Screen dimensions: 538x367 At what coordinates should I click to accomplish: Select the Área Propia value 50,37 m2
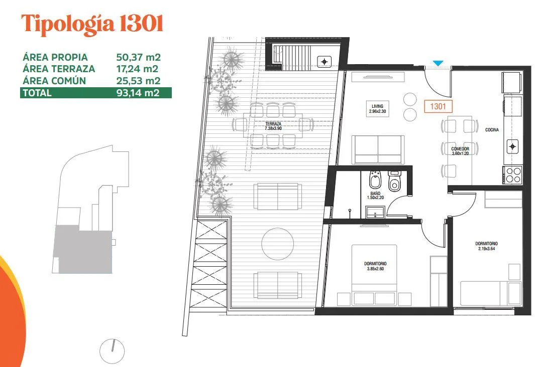pyautogui.click(x=138, y=57)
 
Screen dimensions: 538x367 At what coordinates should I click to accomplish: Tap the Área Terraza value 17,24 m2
pyautogui.click(x=137, y=69)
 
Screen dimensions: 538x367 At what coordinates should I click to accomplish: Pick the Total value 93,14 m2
pyautogui.click(x=138, y=93)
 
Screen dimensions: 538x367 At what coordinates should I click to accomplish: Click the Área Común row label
pyautogui.click(x=54, y=81)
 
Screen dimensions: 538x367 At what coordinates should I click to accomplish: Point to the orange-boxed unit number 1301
pyautogui.click(x=438, y=106)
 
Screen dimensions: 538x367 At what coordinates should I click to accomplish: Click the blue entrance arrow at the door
pyautogui.click(x=438, y=63)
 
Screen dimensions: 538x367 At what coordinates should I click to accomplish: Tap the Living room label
pyautogui.click(x=377, y=106)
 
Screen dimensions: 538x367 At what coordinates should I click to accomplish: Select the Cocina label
pyautogui.click(x=492, y=130)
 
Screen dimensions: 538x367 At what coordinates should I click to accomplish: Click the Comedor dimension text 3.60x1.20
pyautogui.click(x=461, y=153)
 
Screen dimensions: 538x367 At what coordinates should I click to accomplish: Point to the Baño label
pyautogui.click(x=375, y=194)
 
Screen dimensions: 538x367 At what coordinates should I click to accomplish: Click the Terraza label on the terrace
pyautogui.click(x=273, y=124)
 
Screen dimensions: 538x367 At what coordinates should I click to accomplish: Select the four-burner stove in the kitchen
pyautogui.click(x=512, y=174)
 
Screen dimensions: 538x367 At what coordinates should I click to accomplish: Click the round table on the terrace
pyautogui.click(x=278, y=243)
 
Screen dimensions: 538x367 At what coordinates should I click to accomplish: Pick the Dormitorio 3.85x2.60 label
pyautogui.click(x=375, y=266)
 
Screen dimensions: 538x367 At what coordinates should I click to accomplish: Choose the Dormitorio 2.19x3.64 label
pyautogui.click(x=486, y=246)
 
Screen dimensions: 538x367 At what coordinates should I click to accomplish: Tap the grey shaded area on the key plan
pyautogui.click(x=83, y=249)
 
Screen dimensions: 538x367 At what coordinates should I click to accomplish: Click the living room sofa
pyautogui.click(x=378, y=149)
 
